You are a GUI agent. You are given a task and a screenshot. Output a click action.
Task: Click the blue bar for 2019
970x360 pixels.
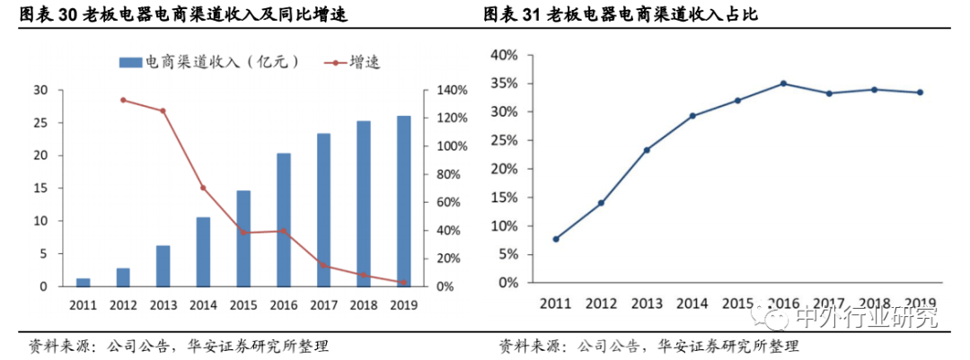(404, 201)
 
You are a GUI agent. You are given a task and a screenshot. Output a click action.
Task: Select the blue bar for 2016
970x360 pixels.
(284, 220)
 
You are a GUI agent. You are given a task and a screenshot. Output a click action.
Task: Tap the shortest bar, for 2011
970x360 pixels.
(83, 282)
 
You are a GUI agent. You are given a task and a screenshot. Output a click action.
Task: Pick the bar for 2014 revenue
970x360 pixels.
(203, 251)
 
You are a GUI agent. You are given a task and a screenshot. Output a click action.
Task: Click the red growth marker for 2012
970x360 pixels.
(123, 100)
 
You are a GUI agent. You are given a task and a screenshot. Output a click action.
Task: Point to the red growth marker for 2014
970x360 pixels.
(203, 188)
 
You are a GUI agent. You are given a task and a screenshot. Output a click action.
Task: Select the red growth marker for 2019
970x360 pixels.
(404, 282)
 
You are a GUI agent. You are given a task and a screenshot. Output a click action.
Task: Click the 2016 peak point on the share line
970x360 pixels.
(783, 83)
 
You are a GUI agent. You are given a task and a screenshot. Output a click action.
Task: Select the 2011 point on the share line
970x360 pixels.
(556, 239)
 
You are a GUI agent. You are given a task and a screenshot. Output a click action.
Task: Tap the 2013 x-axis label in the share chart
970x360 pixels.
(647, 302)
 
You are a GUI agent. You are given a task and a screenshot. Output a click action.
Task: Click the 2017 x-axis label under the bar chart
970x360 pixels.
(323, 305)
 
